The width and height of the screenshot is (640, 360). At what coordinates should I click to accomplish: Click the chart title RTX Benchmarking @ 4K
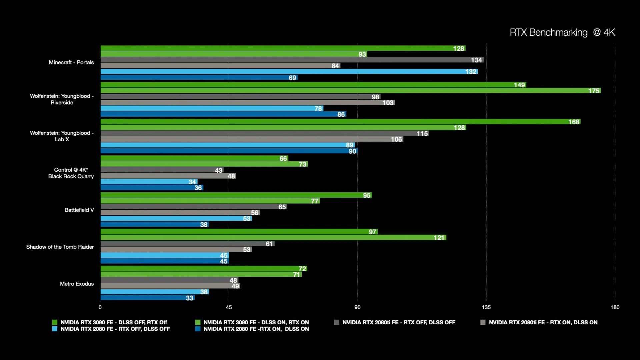pyautogui.click(x=562, y=32)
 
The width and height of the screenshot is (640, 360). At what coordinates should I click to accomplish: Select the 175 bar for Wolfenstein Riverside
pyautogui.click(x=350, y=91)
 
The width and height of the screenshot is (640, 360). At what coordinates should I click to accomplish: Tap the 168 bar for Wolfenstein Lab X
pyautogui.click(x=340, y=122)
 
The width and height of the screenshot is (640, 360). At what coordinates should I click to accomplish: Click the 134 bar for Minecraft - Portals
pyautogui.click(x=292, y=60)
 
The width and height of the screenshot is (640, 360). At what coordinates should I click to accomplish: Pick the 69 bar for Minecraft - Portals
pyautogui.click(x=199, y=78)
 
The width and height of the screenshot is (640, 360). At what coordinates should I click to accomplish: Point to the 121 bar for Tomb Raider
pyautogui.click(x=273, y=238)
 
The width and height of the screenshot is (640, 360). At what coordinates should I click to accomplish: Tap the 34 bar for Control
pyautogui.click(x=149, y=182)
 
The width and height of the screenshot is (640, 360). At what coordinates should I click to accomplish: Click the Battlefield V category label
pyautogui.click(x=79, y=210)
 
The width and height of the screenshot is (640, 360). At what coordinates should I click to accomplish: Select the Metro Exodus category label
pyautogui.click(x=77, y=284)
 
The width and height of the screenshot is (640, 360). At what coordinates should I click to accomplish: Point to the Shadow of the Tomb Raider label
pyautogui.click(x=60, y=247)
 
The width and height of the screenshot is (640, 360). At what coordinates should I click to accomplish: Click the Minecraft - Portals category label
pyautogui.click(x=71, y=62)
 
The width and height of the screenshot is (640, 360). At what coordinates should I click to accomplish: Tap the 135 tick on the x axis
pyautogui.click(x=486, y=307)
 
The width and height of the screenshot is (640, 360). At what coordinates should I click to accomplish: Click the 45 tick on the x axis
pyautogui.click(x=229, y=307)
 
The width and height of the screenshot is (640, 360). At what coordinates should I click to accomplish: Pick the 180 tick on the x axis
pyautogui.click(x=615, y=307)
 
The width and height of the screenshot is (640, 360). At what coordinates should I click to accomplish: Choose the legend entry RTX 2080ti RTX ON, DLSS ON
pyautogui.click(x=543, y=322)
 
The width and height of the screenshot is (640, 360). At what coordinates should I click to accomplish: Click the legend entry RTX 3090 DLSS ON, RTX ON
pyautogui.click(x=256, y=322)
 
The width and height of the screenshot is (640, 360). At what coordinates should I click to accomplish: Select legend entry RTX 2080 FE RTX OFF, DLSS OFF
pyautogui.click(x=115, y=329)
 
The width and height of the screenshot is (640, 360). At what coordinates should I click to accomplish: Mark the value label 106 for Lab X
pyautogui.click(x=396, y=139)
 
